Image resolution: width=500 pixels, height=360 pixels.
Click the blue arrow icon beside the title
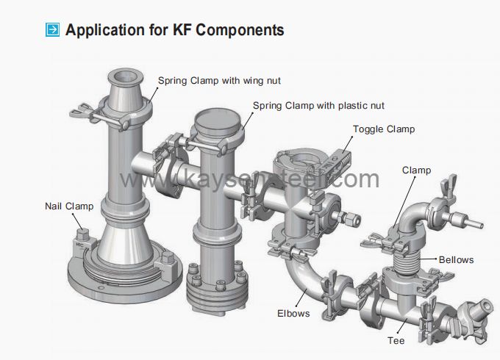(x=53, y=30)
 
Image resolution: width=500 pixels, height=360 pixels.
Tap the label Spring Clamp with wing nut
(x=219, y=79)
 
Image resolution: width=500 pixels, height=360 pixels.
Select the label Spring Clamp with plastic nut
(x=318, y=106)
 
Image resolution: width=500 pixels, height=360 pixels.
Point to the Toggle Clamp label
(x=383, y=129)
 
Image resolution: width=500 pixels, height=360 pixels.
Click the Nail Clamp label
(x=69, y=206)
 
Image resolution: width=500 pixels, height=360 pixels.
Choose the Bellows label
(x=456, y=259)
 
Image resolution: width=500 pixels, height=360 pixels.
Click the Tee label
(x=396, y=341)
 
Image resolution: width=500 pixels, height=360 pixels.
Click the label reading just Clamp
(x=416, y=170)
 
